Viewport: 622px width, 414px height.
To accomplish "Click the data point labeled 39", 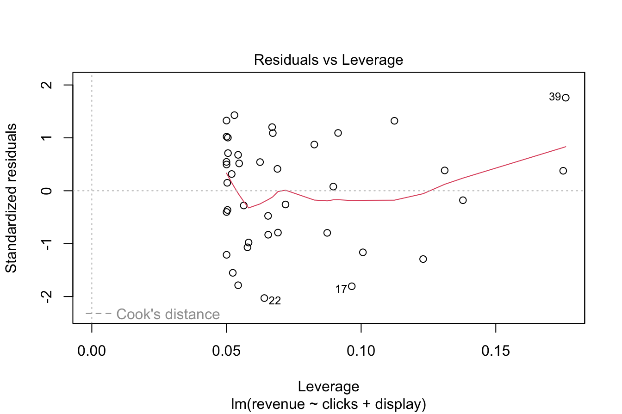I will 566,98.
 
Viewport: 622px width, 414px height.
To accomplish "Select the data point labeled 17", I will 352,286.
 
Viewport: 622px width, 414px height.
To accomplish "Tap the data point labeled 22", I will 264,298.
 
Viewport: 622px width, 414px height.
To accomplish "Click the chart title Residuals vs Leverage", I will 329,60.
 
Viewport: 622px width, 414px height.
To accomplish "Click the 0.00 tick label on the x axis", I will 92,352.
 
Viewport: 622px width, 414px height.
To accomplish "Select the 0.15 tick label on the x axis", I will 496,352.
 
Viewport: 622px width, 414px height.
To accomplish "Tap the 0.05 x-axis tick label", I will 226,352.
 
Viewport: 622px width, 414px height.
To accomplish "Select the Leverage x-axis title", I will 329,386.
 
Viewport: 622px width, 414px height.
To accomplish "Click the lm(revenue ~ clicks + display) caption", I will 329,405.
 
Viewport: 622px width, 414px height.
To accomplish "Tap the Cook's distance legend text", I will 168,315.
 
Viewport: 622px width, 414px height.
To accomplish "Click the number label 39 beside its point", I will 555,97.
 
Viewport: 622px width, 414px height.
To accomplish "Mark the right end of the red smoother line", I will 566,147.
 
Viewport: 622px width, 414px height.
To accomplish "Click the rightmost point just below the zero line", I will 463,200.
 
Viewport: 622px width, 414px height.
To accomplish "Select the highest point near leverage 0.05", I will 234,115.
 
